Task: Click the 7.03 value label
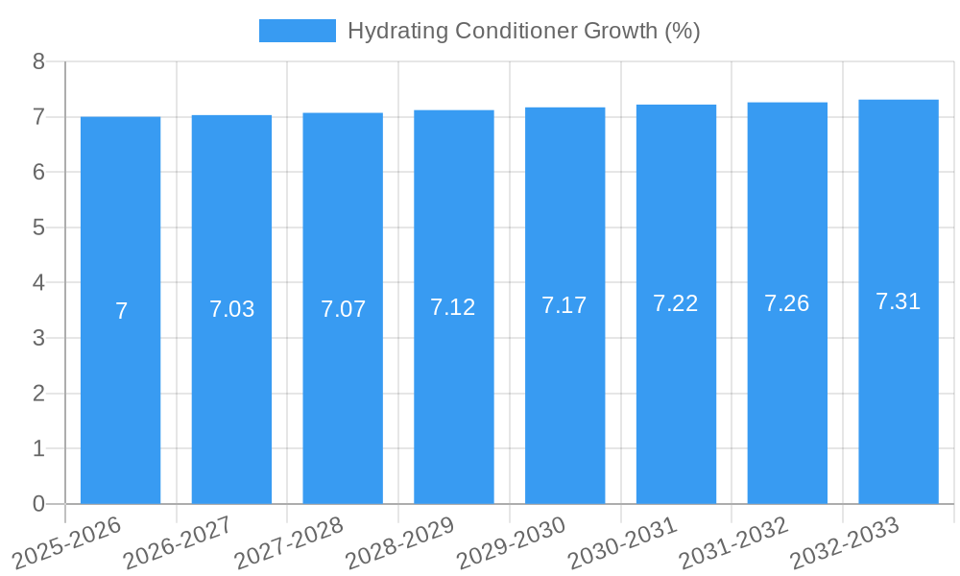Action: (231, 309)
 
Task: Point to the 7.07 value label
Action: (343, 309)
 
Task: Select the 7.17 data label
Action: (564, 305)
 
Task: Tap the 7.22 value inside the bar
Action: (676, 303)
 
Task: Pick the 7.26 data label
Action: (787, 303)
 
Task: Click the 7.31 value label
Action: (899, 301)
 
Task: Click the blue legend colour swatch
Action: (297, 31)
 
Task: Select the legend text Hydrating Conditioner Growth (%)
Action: (523, 31)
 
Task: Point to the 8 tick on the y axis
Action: (38, 61)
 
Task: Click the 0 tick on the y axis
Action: (38, 504)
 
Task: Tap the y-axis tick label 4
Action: (38, 283)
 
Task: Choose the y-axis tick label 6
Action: (38, 173)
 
